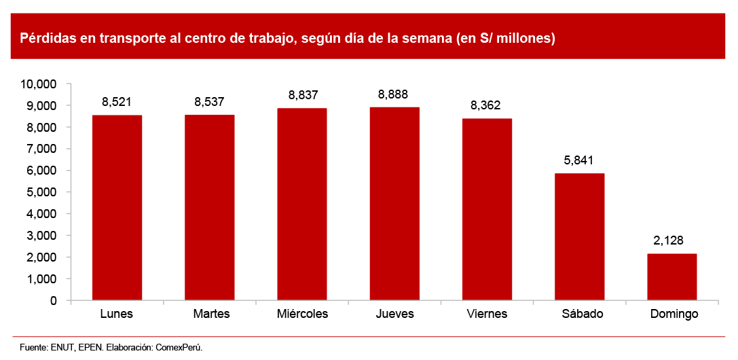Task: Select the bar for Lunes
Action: (117, 207)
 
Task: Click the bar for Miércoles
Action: (302, 204)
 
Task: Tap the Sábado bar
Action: (579, 236)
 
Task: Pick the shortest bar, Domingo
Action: (671, 276)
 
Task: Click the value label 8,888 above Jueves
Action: (394, 94)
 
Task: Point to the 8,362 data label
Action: (487, 105)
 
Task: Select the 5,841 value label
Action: (579, 160)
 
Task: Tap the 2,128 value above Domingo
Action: (671, 240)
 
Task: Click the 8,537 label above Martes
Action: (209, 103)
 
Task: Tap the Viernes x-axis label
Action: (487, 314)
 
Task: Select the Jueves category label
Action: (394, 314)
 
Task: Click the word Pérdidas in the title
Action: (45, 39)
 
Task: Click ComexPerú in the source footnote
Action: (179, 347)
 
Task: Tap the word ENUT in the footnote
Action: (62, 347)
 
